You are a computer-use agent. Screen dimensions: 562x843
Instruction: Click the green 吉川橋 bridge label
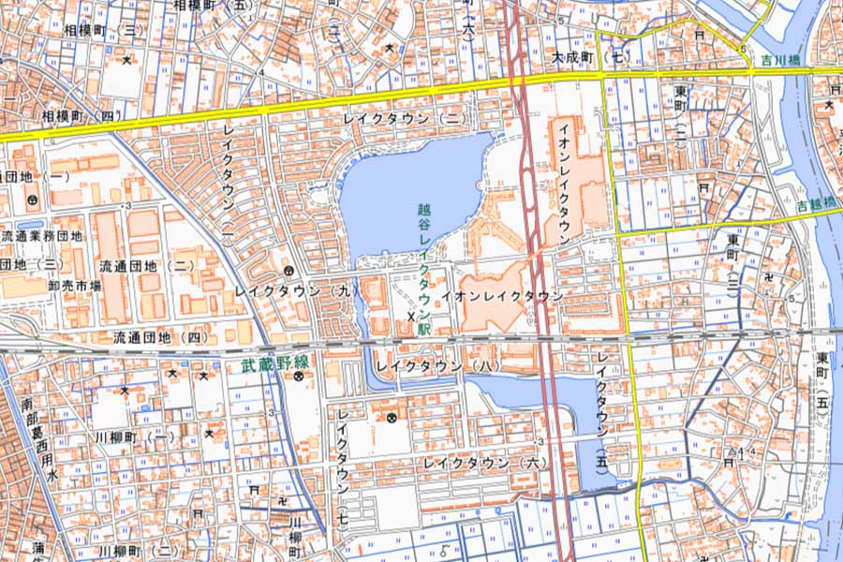[x=779, y=62]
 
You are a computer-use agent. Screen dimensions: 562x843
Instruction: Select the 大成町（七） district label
[x=588, y=57]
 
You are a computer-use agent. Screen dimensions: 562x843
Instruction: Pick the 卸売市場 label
[x=76, y=286]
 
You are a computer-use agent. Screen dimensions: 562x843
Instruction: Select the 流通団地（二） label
[x=147, y=266]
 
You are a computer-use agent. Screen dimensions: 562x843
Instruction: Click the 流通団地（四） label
[x=161, y=337]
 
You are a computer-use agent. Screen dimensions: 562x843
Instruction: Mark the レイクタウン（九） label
[x=298, y=292]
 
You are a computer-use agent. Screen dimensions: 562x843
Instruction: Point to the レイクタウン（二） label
[x=404, y=119]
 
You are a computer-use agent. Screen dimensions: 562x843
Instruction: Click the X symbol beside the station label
[x=410, y=318]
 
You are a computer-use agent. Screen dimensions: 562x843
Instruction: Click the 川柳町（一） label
[x=134, y=437]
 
